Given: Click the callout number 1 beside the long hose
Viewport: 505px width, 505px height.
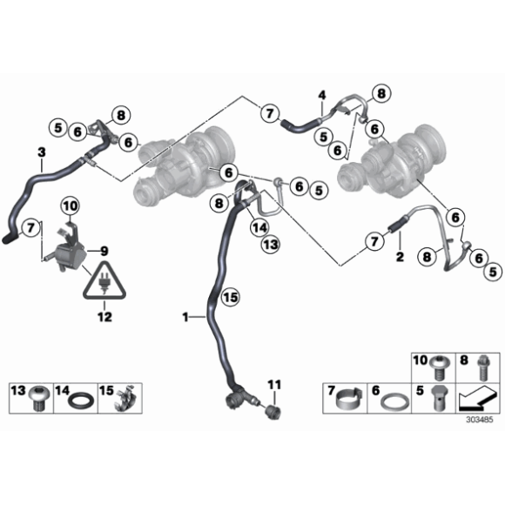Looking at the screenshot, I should tap(185, 319).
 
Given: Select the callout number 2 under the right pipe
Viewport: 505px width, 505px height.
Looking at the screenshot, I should tap(399, 257).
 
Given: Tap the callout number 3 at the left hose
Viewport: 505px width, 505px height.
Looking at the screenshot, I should tap(41, 153).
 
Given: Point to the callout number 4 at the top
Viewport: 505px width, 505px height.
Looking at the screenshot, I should tap(321, 94).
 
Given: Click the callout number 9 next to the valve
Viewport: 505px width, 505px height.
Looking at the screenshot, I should tap(104, 250).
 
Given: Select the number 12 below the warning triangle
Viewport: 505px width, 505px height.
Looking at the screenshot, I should tap(104, 306).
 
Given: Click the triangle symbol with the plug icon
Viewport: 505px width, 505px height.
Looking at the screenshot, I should tap(104, 282).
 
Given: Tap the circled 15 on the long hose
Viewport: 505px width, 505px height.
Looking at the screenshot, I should tap(229, 297).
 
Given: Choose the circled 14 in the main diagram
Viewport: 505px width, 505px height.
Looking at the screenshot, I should tap(259, 228).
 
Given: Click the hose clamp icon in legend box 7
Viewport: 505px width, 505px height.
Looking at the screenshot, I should tap(348, 400).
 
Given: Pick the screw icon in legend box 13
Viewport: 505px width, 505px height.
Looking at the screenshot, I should tap(39, 400).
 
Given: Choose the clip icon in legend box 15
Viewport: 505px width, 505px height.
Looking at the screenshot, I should tap(126, 400).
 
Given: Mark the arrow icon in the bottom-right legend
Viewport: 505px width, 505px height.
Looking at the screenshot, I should tap(477, 400).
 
